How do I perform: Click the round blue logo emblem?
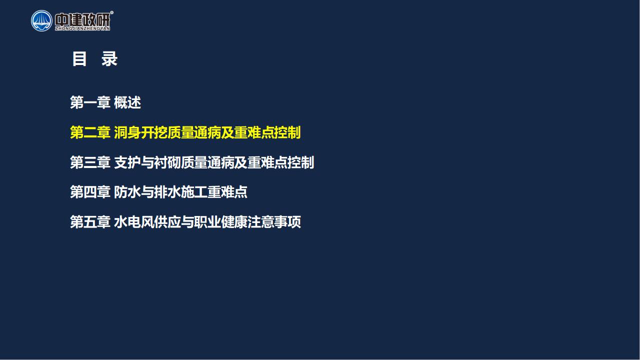click(41, 21)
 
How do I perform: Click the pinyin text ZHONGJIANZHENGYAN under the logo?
click(82, 28)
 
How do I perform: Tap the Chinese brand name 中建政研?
click(82, 19)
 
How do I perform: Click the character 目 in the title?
click(79, 59)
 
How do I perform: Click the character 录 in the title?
click(109, 59)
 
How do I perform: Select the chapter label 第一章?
click(90, 102)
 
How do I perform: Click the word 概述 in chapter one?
click(127, 102)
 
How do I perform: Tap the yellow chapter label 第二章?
click(90, 132)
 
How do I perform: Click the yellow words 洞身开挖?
click(140, 132)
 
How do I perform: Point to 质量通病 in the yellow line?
click(194, 132)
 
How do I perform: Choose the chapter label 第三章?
click(90, 162)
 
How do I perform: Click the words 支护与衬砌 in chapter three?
click(147, 162)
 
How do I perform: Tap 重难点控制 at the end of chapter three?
click(281, 162)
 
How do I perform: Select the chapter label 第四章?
click(90, 191)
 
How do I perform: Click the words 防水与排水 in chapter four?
click(147, 191)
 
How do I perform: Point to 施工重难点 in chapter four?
click(214, 191)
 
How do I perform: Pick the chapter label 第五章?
click(90, 221)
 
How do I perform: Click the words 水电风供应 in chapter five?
click(147, 221)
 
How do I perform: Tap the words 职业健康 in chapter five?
click(221, 221)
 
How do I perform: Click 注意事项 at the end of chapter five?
click(274, 221)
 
